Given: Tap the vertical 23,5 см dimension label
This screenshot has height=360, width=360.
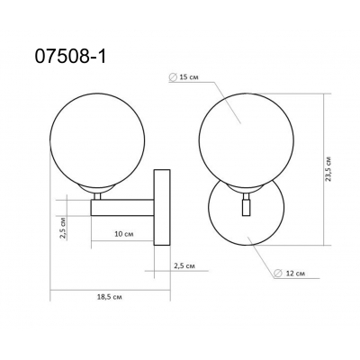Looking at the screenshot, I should pyautogui.click(x=330, y=167).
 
